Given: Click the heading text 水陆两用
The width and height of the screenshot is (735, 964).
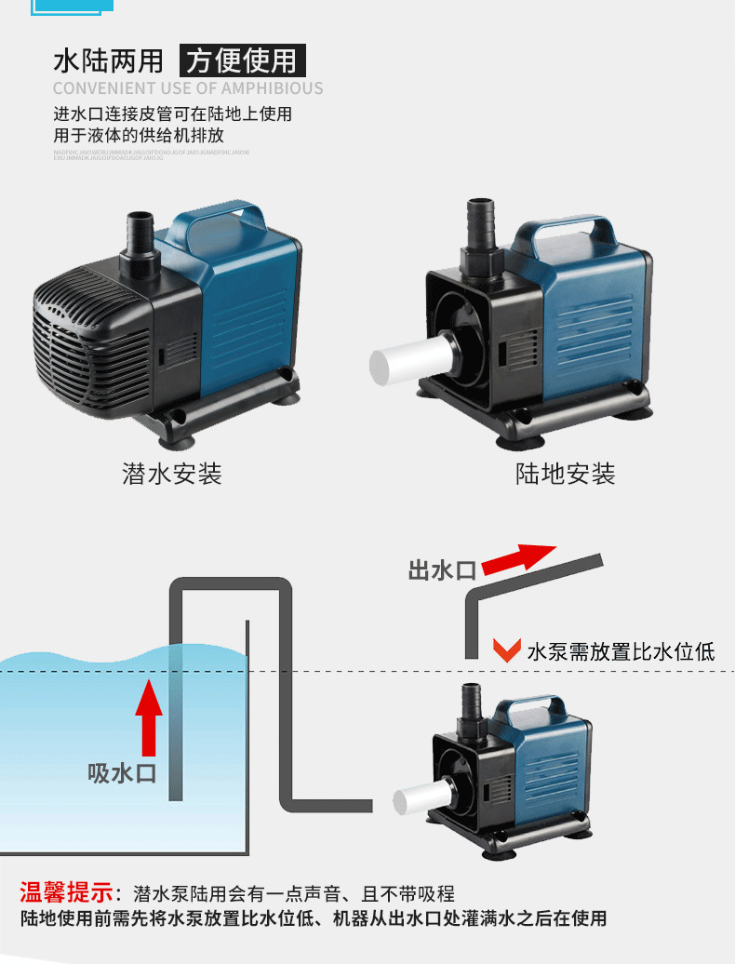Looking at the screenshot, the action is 108,61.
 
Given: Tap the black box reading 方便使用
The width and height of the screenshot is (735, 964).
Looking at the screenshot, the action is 241,61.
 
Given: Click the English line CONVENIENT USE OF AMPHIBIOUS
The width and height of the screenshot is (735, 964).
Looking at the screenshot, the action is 188,88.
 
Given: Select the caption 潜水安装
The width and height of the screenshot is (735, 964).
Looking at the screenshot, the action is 172,474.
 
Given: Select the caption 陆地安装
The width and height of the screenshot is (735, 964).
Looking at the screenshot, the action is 566,474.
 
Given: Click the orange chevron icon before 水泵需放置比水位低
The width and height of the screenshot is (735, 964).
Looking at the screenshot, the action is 506,649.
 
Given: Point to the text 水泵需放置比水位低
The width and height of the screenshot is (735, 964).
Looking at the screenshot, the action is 621,650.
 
